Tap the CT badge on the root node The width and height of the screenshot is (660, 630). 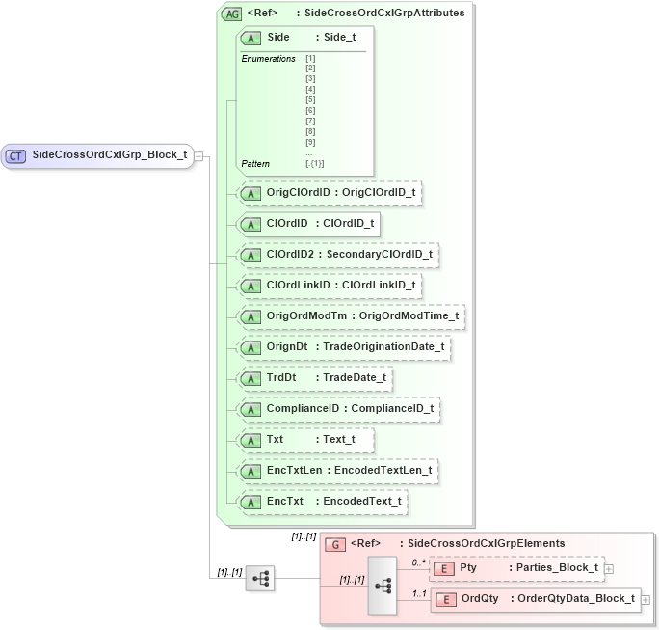[16, 155]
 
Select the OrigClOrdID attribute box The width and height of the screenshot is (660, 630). [330, 193]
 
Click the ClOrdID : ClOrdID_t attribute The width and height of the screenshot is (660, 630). [308, 224]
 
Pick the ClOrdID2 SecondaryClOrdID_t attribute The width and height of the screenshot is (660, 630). [338, 255]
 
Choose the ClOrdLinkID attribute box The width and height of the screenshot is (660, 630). [330, 286]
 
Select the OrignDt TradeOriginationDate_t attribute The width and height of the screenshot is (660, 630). [343, 347]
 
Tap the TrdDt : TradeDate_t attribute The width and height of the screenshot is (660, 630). [315, 378]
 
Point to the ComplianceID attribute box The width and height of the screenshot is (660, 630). [338, 409]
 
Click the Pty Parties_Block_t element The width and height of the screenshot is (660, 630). [516, 568]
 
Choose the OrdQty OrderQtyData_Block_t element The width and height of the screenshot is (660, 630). [535, 600]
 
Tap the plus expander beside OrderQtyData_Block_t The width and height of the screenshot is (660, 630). [646, 600]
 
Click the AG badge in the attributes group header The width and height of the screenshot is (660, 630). [232, 14]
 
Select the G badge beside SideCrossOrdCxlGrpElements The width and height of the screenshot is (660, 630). [336, 544]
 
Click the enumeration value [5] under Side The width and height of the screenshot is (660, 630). [310, 100]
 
